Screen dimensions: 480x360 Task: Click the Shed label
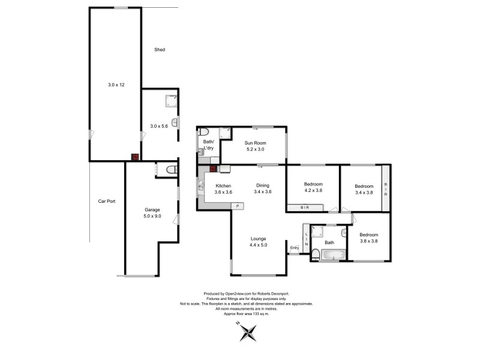tap(160, 50)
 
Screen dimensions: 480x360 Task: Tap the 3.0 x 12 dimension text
tap(116, 85)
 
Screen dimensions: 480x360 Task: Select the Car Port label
tap(107, 201)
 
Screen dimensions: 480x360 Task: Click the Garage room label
tap(152, 209)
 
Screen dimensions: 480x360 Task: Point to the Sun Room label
tap(255, 143)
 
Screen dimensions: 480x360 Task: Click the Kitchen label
tap(223, 186)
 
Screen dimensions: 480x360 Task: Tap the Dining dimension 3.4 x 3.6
tap(263, 191)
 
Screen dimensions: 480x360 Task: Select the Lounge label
tap(258, 239)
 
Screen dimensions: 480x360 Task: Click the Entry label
tap(294, 248)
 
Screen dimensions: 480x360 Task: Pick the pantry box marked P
tap(237, 206)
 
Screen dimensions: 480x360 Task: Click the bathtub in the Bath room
tap(333, 254)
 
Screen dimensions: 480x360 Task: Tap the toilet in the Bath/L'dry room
tap(203, 132)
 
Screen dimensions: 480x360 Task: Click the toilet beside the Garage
tap(172, 169)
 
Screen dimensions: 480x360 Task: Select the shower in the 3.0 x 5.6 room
tap(171, 101)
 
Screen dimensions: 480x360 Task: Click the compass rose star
tap(248, 333)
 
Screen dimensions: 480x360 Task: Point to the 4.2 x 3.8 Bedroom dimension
tap(313, 190)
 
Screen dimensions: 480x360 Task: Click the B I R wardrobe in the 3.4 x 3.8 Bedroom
tap(386, 188)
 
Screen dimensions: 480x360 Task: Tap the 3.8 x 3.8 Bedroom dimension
tap(368, 241)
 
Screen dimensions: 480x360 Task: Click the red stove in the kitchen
tap(214, 169)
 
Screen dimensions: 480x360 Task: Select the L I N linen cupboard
tap(306, 239)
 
